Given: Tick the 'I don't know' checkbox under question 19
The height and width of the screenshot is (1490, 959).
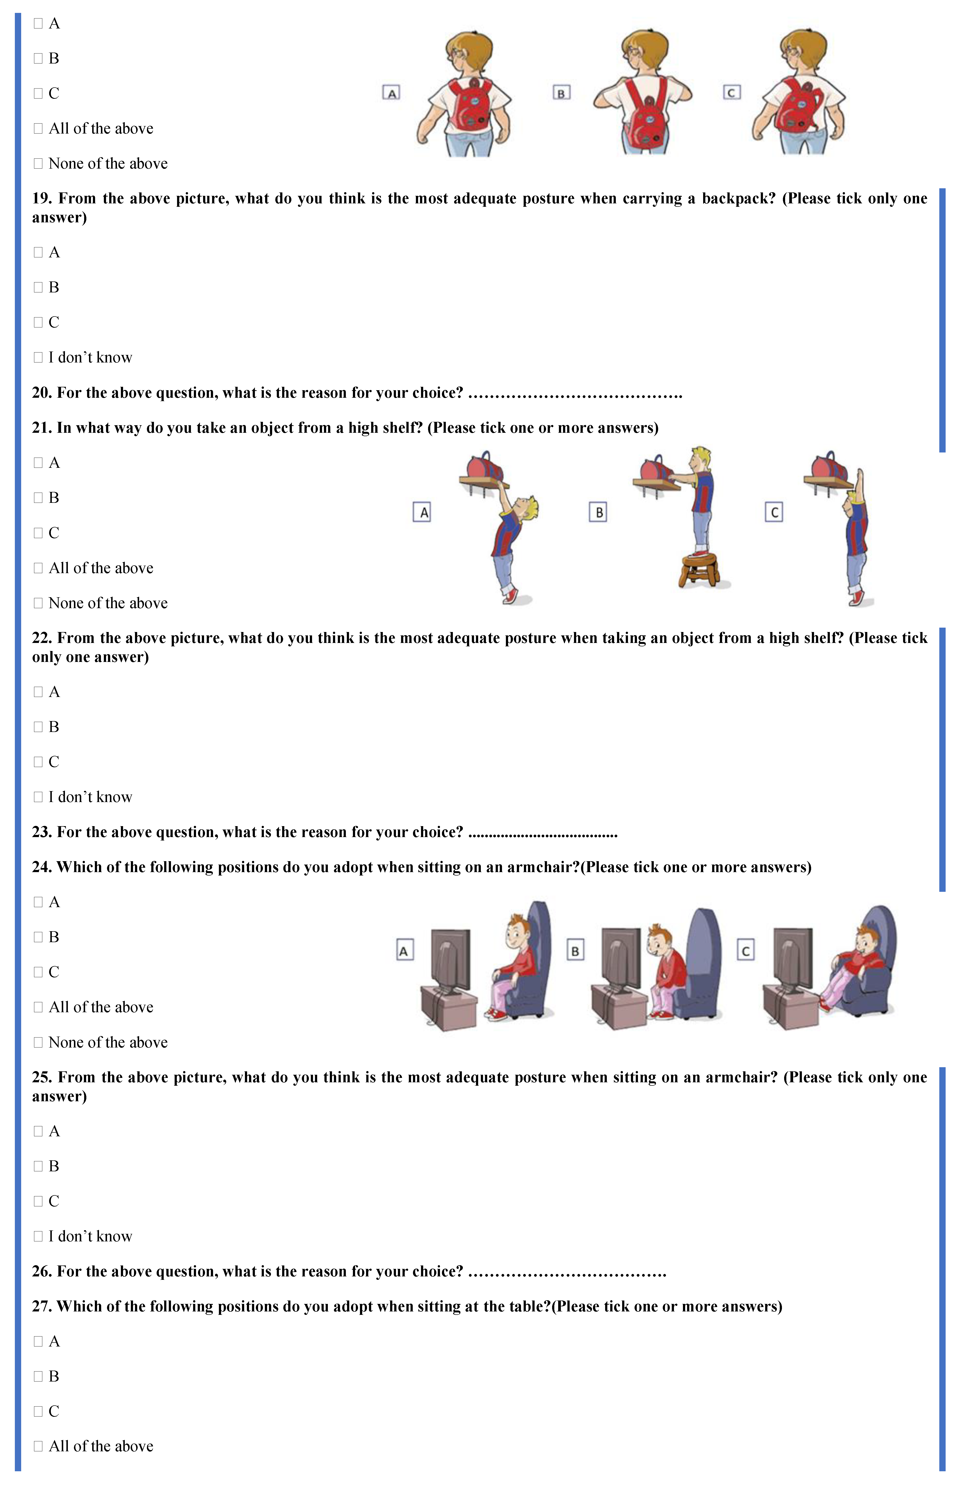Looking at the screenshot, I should click(x=38, y=358).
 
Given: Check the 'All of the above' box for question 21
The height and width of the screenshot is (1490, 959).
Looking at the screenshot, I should click(x=38, y=568).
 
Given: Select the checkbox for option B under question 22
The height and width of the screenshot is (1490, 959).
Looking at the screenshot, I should click(x=38, y=727).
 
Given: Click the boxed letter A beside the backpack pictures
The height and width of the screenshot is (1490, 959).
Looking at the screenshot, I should click(x=391, y=93).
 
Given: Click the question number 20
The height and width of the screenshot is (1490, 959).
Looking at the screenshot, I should click(x=42, y=393).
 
